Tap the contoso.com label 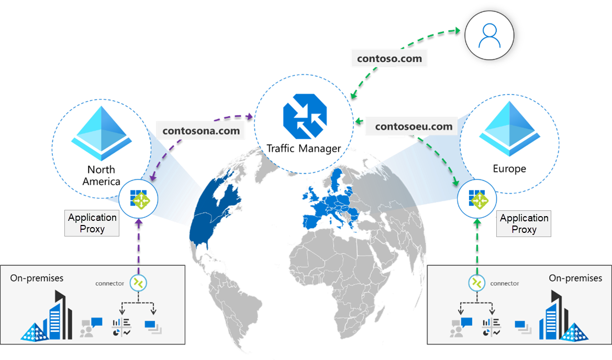click(390, 59)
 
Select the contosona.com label click(201, 130)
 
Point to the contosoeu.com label click(414, 126)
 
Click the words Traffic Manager click(304, 149)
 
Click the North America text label click(101, 175)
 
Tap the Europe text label click(509, 169)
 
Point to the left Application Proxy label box click(92, 223)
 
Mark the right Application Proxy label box click(524, 223)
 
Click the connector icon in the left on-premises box click(139, 283)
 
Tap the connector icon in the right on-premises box click(476, 283)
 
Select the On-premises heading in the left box click(37, 278)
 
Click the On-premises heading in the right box click(575, 278)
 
